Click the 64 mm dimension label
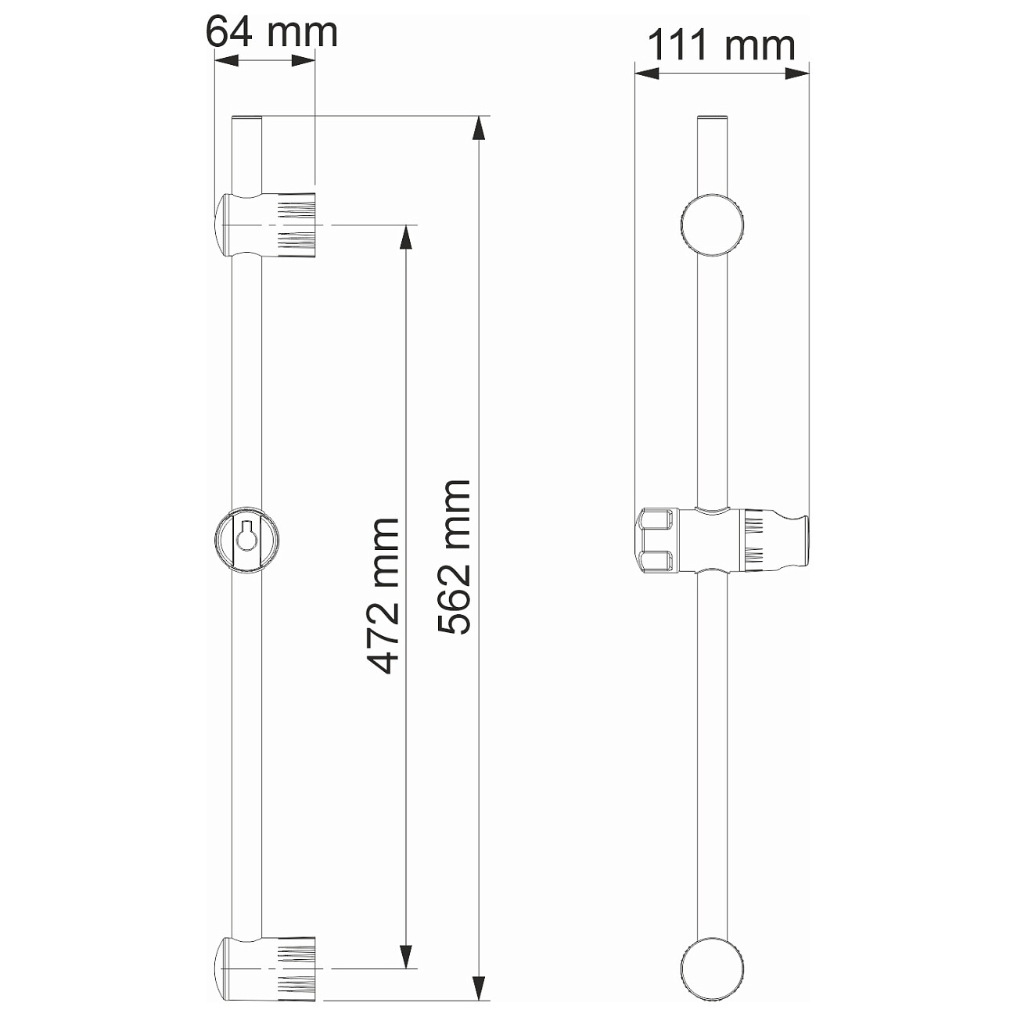[x=271, y=32]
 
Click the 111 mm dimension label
[x=721, y=45]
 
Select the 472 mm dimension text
[x=382, y=597]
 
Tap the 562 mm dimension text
[x=454, y=557]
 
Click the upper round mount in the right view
[x=713, y=225]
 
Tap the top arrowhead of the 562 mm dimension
[x=478, y=128]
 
